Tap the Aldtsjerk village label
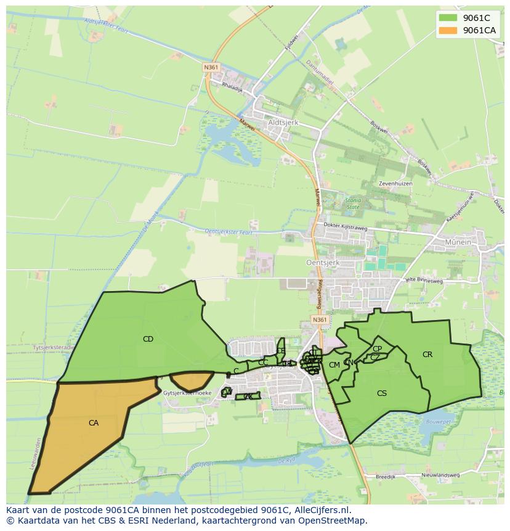pos(283,123)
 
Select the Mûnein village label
pos(456,242)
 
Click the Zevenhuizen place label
pos(395,184)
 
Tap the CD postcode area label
pos(148,339)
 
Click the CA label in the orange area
pos(94,423)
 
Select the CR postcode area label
pos(427,355)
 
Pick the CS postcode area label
pos(382,393)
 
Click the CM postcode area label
pos(334,365)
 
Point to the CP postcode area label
pos(378,349)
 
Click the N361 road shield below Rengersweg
pos(319,320)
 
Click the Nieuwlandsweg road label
pos(440,475)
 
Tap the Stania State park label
pos(353,204)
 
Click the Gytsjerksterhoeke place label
pos(188,393)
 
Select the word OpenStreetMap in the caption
pos(335,521)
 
